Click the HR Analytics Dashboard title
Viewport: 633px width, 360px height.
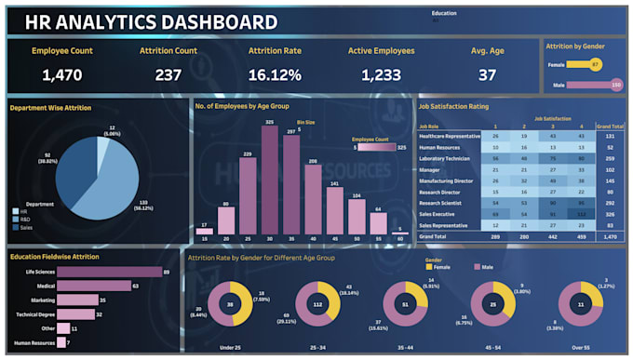pos(150,22)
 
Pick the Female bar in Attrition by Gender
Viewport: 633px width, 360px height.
pos(584,64)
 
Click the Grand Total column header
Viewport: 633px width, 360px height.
pos(610,126)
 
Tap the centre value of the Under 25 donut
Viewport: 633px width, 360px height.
pos(230,303)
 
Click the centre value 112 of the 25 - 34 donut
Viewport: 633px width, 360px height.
pos(317,303)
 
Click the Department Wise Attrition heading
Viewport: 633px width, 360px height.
pos(50,108)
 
